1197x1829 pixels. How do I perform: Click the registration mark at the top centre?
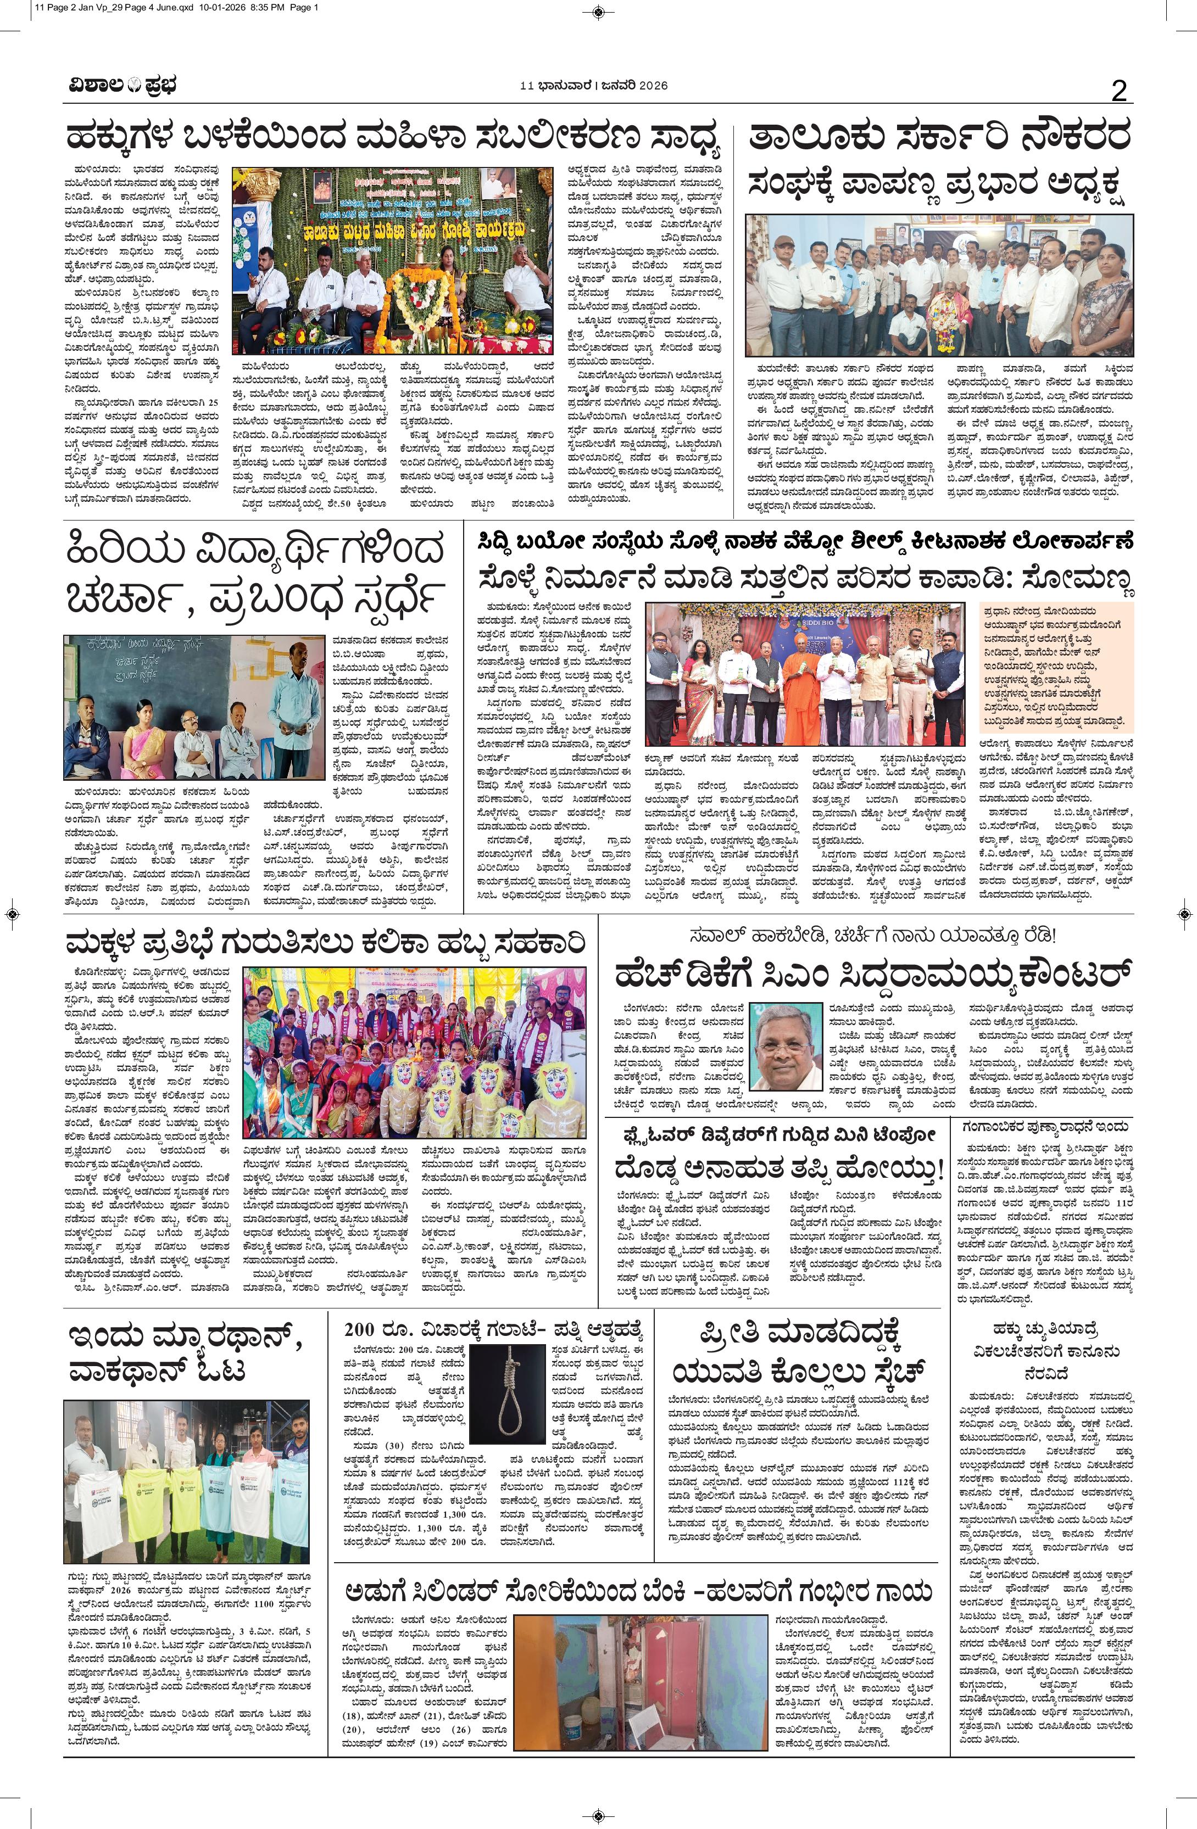(598, 11)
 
